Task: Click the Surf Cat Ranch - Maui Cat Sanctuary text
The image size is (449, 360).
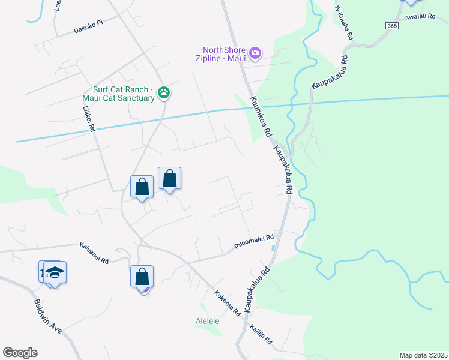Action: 119,94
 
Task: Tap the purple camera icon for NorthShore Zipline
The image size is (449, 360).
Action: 255,54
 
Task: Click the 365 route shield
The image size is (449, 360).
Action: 391,26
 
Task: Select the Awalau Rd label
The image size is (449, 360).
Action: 420,17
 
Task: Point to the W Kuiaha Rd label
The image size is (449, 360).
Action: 343,23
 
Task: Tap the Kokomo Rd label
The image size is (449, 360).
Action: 228,303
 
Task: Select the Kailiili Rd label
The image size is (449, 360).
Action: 261,336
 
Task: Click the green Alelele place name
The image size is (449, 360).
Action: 208,321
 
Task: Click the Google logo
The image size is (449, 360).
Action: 20,353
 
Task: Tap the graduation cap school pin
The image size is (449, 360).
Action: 55,272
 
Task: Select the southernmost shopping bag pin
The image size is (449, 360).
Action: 142,277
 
